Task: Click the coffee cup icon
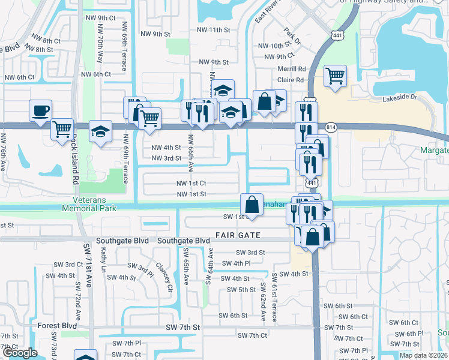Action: click(40, 111)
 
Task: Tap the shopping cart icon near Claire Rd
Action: click(335, 76)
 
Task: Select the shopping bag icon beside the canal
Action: click(252, 204)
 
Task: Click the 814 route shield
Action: click(331, 128)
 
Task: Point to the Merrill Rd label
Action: click(292, 69)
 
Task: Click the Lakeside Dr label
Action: click(402, 97)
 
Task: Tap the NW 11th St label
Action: click(214, 29)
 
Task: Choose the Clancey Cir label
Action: click(164, 271)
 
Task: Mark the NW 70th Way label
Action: click(99, 50)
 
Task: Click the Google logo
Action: click(20, 353)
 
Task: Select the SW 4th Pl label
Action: click(236, 263)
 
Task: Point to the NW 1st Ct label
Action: click(191, 183)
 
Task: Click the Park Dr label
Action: click(293, 35)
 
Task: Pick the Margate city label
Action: click(435, 149)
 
